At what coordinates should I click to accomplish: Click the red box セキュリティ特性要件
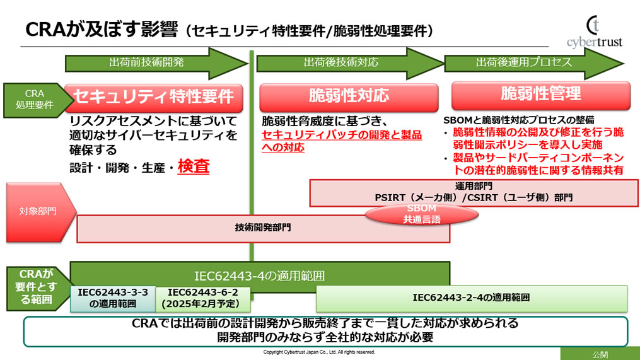tap(154, 96)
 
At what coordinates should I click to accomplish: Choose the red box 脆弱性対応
tap(349, 96)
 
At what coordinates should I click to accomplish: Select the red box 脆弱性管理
tap(541, 95)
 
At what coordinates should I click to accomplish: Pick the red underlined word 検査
tap(193, 166)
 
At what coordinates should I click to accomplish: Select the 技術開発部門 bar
tap(263, 228)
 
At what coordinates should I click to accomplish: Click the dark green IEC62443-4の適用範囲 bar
tap(259, 276)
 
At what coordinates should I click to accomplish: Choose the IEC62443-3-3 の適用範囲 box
tap(113, 298)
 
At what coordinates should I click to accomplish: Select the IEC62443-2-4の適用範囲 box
tap(471, 298)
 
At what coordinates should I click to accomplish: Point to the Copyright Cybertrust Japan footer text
tap(319, 352)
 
